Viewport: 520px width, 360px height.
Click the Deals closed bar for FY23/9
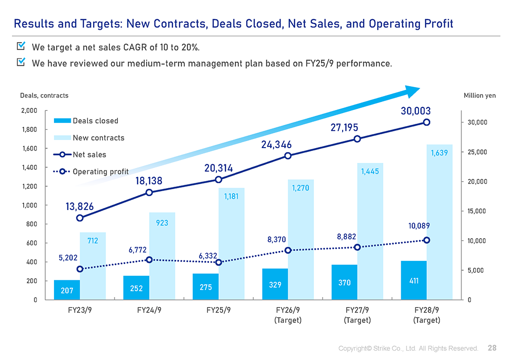pos(67,290)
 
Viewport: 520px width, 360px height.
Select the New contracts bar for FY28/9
pos(439,223)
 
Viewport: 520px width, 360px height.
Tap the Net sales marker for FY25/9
pos(218,180)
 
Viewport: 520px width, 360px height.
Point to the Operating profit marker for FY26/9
pos(288,251)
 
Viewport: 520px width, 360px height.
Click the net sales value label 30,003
pos(416,111)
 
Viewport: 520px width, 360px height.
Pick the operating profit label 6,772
pos(138,250)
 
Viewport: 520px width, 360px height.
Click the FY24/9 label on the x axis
pos(149,310)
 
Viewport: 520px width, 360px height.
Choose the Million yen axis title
pos(479,96)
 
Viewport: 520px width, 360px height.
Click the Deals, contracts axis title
pos(44,96)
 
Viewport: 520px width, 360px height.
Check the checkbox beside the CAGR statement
pos(21,47)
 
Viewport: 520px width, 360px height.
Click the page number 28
pos(492,348)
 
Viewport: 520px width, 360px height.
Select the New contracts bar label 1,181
pos(232,197)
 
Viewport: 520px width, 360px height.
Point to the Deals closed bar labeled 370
pos(345,282)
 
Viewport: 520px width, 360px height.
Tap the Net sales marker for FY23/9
pos(80,218)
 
